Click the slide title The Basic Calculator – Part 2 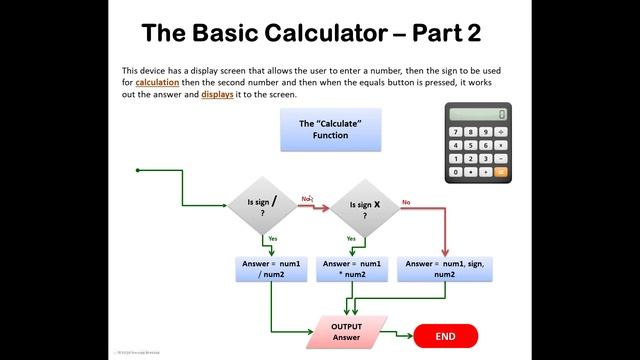point(311,32)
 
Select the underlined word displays point(220,95)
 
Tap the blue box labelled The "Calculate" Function point(330,129)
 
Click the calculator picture point(478,142)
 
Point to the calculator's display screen point(477,114)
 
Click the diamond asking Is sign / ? point(262,206)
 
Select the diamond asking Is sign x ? point(364,207)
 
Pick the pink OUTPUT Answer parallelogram point(346,332)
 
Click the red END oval point(445,337)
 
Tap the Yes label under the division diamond point(272,239)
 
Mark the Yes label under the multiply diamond point(351,239)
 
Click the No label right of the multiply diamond point(406,203)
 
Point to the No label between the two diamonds point(306,198)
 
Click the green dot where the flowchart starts point(137,170)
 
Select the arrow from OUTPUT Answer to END point(397,335)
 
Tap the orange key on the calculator point(500,172)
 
